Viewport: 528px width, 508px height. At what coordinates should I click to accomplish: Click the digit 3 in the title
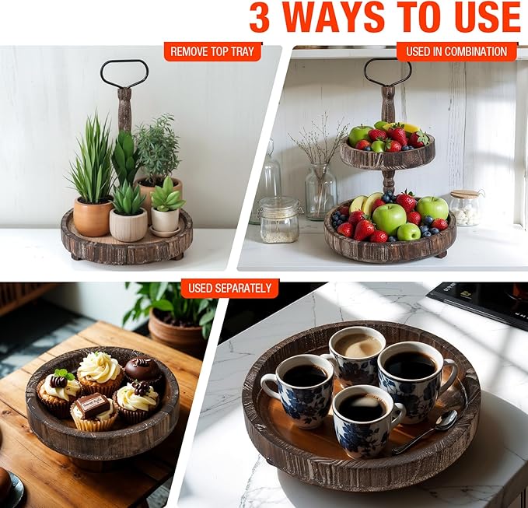click(260, 18)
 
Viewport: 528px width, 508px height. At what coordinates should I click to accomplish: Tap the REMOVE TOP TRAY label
click(212, 52)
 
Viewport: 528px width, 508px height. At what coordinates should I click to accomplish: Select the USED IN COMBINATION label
click(456, 52)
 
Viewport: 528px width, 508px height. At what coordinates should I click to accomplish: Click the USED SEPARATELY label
click(230, 288)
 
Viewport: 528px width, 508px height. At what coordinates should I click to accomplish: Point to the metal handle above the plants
click(124, 74)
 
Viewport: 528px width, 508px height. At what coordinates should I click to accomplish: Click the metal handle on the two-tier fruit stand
click(387, 72)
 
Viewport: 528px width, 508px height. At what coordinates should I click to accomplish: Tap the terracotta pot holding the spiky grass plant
click(92, 216)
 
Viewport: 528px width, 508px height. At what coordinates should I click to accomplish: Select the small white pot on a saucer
click(165, 221)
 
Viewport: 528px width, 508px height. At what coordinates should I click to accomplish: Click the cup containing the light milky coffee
click(357, 351)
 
